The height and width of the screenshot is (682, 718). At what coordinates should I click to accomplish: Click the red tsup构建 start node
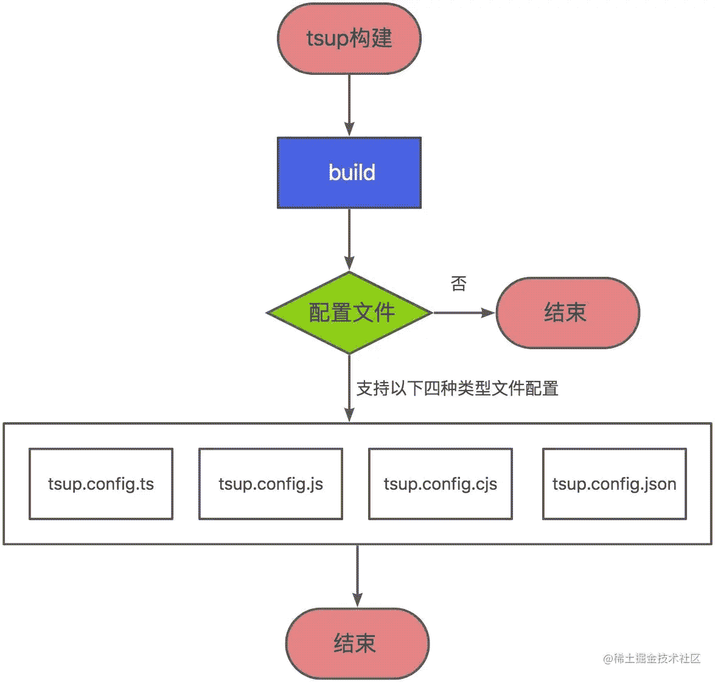click(349, 38)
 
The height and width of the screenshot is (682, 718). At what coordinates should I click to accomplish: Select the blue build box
click(349, 173)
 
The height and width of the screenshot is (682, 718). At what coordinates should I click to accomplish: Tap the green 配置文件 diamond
click(349, 313)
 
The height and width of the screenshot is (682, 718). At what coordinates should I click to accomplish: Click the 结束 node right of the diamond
click(568, 313)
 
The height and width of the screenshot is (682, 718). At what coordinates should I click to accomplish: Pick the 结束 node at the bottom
click(358, 644)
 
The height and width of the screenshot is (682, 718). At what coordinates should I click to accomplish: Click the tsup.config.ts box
click(101, 484)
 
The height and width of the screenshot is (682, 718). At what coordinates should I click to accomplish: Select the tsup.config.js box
click(271, 484)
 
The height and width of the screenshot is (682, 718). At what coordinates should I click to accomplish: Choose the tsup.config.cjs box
click(441, 484)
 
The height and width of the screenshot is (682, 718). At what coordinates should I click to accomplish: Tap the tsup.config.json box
click(615, 484)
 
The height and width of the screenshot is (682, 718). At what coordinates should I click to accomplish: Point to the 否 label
click(458, 284)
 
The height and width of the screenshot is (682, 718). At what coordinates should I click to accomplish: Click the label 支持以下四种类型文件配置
click(458, 388)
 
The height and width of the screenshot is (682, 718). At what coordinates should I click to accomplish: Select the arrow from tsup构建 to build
click(349, 105)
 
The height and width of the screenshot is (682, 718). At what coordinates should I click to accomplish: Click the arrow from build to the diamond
click(349, 240)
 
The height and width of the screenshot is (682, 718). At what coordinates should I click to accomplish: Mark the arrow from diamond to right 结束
click(464, 313)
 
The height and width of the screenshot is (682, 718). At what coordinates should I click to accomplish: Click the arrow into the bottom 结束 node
click(358, 576)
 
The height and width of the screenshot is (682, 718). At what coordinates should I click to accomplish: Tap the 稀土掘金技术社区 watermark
click(652, 658)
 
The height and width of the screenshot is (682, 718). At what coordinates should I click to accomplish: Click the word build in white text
click(352, 173)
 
